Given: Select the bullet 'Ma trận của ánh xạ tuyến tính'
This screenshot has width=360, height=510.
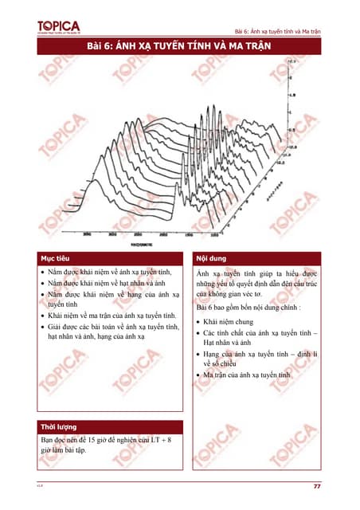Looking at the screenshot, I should (248, 375).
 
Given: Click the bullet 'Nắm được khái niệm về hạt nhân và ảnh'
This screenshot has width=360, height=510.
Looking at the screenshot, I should (107, 283).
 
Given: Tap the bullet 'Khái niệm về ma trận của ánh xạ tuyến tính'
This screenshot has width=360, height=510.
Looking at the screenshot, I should (112, 316).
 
